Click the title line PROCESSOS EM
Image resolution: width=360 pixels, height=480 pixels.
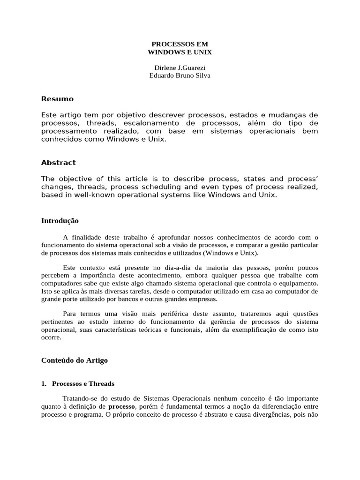pyautogui.click(x=180, y=44)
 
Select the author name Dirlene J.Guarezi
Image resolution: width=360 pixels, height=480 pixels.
pyautogui.click(x=180, y=67)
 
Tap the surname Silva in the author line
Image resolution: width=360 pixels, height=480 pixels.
pyautogui.click(x=201, y=75)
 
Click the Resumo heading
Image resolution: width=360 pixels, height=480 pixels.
pyautogui.click(x=57, y=99)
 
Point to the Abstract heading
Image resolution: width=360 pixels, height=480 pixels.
pyautogui.click(x=58, y=163)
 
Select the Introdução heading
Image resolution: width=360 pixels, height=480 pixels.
pyautogui.click(x=60, y=220)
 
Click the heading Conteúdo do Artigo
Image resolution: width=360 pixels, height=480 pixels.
pyautogui.click(x=75, y=360)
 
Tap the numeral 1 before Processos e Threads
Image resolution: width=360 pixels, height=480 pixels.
pyautogui.click(x=43, y=383)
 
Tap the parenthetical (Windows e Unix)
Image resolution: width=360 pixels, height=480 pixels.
pyautogui.click(x=230, y=253)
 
